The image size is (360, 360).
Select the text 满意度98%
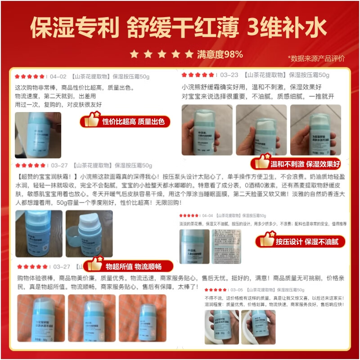(x=220, y=54)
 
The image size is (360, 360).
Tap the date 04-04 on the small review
(x=207, y=216)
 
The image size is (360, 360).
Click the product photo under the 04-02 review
(x=31, y=135)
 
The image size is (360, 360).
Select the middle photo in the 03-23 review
(x=261, y=130)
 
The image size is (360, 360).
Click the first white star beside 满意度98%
(x=134, y=54)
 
